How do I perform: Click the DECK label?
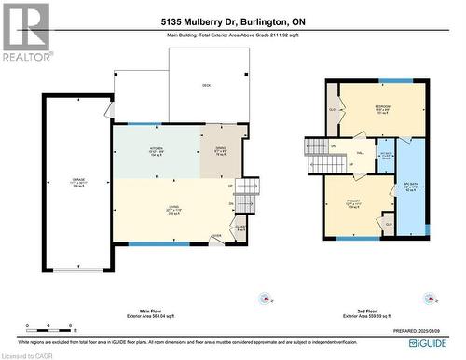click(206, 84)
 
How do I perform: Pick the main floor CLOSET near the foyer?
click(240, 227)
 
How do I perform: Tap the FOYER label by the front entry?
click(217, 235)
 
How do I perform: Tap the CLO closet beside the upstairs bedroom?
click(332, 109)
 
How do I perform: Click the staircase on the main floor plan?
click(245, 196)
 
